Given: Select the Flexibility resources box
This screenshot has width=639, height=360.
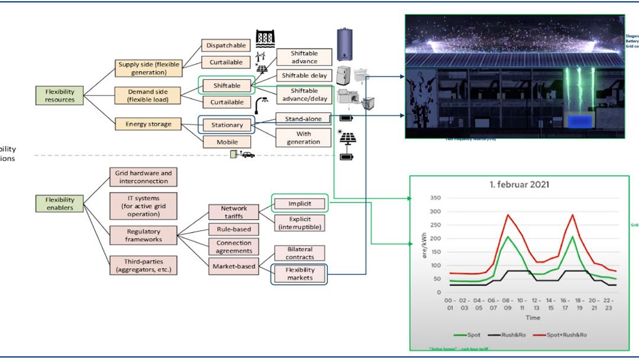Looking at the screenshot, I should (60, 95).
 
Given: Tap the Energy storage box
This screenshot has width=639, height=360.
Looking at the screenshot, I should (149, 124).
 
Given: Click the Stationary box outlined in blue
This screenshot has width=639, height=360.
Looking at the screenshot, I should (227, 125).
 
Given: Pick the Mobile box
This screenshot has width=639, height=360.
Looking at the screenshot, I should (227, 142).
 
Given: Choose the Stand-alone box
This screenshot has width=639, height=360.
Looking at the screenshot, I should (304, 119).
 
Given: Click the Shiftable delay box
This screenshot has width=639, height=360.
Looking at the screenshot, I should (304, 76).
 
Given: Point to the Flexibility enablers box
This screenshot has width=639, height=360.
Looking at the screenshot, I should (60, 204).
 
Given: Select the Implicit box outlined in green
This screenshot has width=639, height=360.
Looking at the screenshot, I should (299, 204).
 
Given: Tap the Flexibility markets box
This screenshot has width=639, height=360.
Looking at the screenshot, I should (299, 274).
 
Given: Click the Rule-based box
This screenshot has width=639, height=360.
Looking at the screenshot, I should (234, 229).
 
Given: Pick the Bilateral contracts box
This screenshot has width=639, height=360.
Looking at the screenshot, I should (299, 253).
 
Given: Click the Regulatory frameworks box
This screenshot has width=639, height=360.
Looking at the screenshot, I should (144, 235).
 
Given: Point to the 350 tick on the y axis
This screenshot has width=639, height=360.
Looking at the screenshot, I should (435, 198).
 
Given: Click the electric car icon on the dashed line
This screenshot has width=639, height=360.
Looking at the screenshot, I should (248, 155).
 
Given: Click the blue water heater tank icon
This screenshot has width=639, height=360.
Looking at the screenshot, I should (344, 44).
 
